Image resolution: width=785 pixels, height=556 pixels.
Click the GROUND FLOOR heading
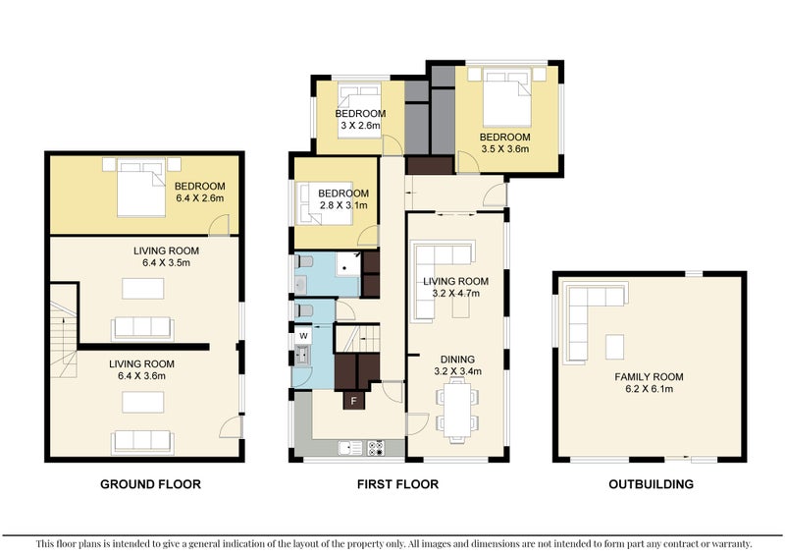[x=150, y=484]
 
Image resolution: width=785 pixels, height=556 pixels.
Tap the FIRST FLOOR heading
[x=397, y=484]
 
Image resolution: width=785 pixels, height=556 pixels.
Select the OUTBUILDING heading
[x=651, y=484]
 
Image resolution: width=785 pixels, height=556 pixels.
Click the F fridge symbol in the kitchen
[x=353, y=401]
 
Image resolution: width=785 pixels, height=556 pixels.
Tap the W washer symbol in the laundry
[x=303, y=335]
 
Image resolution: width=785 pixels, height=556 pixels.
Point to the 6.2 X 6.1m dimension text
[x=649, y=389]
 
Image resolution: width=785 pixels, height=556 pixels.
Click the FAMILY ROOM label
[x=649, y=376]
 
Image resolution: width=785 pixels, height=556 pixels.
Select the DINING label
[x=457, y=359]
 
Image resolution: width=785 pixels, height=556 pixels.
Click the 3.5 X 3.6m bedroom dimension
[x=504, y=149]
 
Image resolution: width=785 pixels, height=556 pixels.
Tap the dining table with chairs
[x=457, y=410]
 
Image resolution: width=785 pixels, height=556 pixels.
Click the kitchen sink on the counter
[x=350, y=448]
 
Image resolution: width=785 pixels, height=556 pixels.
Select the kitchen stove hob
[x=376, y=448]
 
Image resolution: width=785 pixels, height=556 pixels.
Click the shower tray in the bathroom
[x=347, y=263]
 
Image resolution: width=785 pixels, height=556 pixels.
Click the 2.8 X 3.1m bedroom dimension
[x=343, y=205]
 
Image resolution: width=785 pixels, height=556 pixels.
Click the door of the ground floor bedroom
[x=219, y=225]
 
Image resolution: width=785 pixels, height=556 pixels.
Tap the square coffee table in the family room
[x=615, y=347]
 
